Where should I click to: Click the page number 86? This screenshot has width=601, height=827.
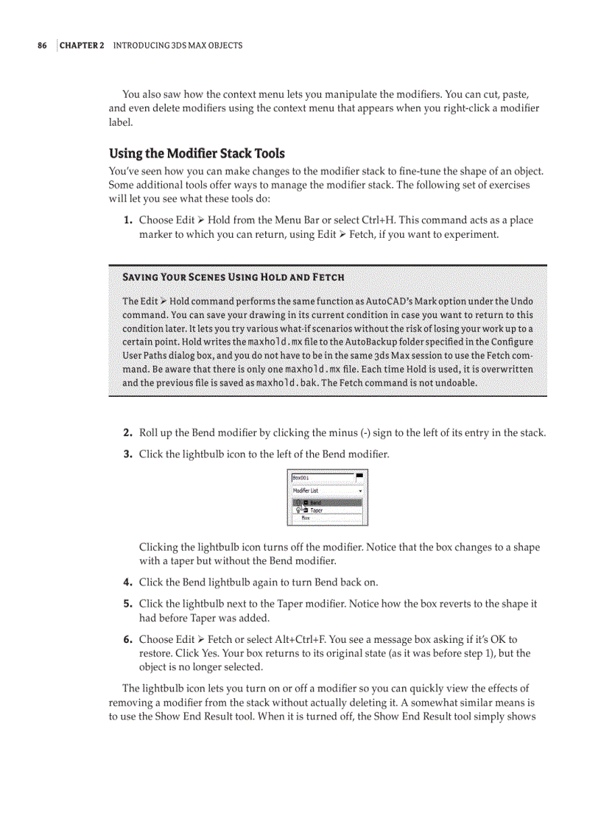pyautogui.click(x=42, y=46)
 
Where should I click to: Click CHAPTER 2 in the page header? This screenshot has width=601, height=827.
pyautogui.click(x=82, y=46)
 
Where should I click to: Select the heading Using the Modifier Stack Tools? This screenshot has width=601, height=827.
pyautogui.click(x=197, y=153)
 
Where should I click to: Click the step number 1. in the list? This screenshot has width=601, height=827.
pyautogui.click(x=127, y=220)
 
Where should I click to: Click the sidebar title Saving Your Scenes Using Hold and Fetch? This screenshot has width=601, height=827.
pyautogui.click(x=233, y=277)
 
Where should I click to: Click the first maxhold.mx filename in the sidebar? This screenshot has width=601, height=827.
pyautogui.click(x=275, y=342)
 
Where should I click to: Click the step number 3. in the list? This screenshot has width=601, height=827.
pyautogui.click(x=127, y=454)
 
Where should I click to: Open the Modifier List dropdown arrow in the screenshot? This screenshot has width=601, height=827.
pyautogui.click(x=360, y=491)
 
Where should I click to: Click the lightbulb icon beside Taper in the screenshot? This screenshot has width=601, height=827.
pyautogui.click(x=298, y=510)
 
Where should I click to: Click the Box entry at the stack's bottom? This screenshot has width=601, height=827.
pyautogui.click(x=306, y=518)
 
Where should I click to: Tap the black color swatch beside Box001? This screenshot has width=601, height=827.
pyautogui.click(x=359, y=475)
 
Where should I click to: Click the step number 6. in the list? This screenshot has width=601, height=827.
pyautogui.click(x=127, y=640)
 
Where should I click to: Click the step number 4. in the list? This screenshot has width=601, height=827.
pyautogui.click(x=127, y=583)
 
